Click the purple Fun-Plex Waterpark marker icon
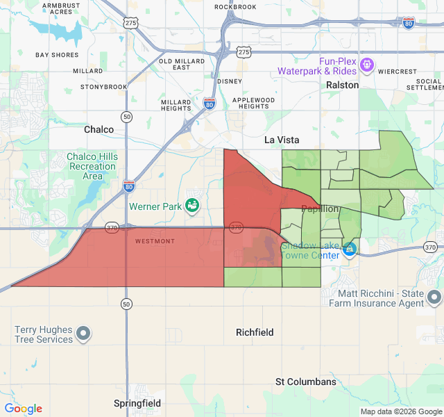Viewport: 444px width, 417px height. coord(367,66)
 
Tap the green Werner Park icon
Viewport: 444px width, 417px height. coord(192,205)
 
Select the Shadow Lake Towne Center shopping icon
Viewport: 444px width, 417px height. coord(350,249)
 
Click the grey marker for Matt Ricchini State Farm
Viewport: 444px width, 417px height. coord(434,297)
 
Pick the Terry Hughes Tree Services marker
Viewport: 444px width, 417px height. coord(83,334)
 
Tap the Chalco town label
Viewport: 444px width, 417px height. coord(99,129)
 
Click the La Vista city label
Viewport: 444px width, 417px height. coord(282,140)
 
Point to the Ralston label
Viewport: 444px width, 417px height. coord(343,85)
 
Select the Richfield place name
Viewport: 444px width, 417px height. coord(255,332)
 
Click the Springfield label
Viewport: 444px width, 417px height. coord(137,403)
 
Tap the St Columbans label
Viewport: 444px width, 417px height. coord(306,382)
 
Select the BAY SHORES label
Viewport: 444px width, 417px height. coord(57,55)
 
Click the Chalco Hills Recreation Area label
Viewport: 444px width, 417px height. coord(92,166)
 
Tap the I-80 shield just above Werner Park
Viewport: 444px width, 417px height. coord(129,186)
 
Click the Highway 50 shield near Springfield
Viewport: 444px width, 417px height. coord(126,304)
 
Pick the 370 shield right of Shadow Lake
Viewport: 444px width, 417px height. coord(430,247)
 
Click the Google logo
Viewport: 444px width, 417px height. coord(23,409)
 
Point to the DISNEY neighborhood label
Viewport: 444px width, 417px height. coord(230,81)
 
